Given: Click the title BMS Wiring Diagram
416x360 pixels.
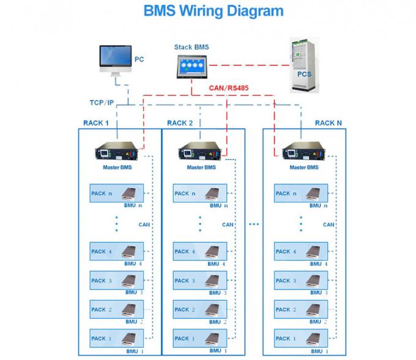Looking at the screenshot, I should tap(214, 11).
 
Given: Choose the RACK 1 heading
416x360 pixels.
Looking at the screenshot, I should tap(95, 123).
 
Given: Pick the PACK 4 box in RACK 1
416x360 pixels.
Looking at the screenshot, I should tap(117, 251).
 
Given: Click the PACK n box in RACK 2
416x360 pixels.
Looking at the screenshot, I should tap(200, 194).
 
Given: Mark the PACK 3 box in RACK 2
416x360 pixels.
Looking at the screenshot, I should tap(200, 281).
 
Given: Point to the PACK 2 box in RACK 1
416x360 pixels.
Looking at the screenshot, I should tap(117, 310).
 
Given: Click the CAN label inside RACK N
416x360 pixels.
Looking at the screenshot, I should tap(329, 224).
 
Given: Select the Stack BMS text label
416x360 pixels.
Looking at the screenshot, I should tap(192, 47).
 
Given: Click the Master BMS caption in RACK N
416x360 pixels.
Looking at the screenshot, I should tap(303, 167).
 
